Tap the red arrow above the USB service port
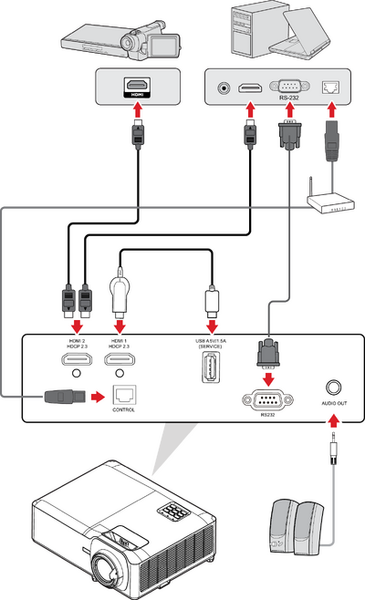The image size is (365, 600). click(212, 325)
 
